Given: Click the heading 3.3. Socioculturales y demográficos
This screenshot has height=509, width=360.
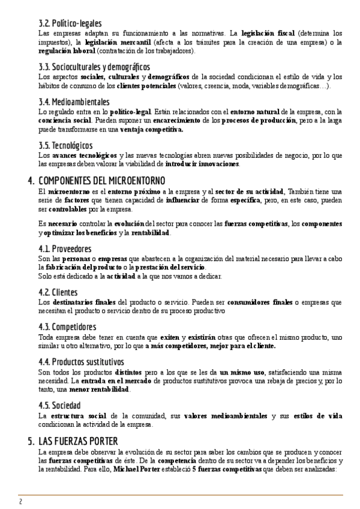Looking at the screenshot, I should pyautogui.click(x=94, y=67).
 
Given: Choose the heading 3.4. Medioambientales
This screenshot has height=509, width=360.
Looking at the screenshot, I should pyautogui.click(x=74, y=102).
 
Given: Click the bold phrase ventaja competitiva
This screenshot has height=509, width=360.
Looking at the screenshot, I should pyautogui.click(x=151, y=129).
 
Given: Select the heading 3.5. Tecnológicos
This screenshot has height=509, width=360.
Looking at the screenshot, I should pyautogui.click(x=65, y=145).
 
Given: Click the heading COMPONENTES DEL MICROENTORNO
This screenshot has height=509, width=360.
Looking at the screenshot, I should pyautogui.click(x=101, y=181).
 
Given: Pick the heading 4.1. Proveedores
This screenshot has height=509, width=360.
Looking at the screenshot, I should pyautogui.click(x=65, y=249).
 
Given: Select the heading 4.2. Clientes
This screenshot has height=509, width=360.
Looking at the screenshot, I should pyautogui.click(x=56, y=292).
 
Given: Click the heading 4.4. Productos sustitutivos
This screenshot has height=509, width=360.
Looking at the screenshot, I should pyautogui.click(x=81, y=362).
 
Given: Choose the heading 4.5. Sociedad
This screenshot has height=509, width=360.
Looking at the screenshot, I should pyautogui.click(x=59, y=405).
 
